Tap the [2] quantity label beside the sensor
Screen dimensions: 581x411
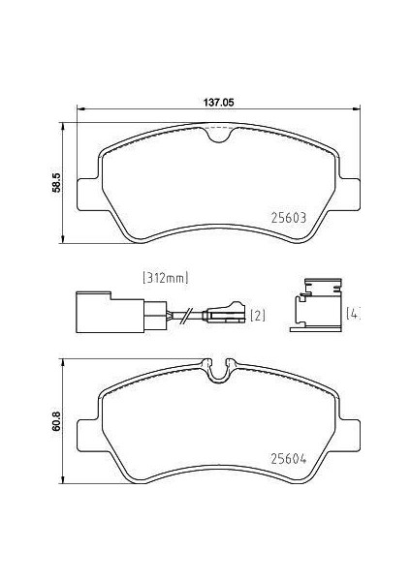(258, 316)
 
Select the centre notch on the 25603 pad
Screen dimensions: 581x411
(220, 138)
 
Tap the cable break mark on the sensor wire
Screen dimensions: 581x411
(183, 313)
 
